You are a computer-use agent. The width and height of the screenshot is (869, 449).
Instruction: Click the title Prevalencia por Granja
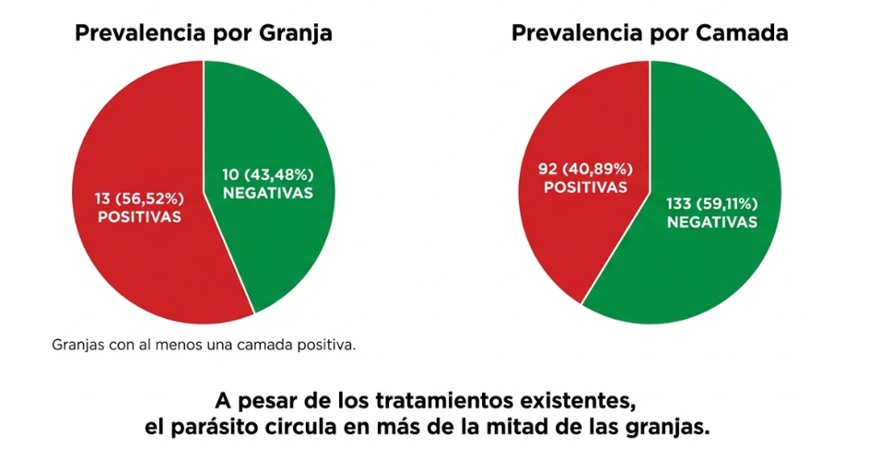pos(204,34)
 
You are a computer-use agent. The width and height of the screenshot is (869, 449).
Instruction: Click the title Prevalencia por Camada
pos(650,34)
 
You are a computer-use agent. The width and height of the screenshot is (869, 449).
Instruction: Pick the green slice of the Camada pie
pos(700,267)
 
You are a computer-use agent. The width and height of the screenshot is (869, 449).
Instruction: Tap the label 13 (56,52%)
pos(140,196)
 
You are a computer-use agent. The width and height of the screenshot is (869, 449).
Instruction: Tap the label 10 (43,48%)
pos(268,172)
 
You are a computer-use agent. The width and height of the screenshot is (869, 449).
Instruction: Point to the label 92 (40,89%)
pos(586,168)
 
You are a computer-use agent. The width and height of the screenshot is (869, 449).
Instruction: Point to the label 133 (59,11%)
pos(713,203)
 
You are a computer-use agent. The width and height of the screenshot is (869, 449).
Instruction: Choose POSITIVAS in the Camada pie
pos(586,187)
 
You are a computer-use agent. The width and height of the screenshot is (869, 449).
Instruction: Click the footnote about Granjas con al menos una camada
pos(205,347)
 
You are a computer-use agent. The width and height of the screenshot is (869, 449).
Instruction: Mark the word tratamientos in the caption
pos(445,402)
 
